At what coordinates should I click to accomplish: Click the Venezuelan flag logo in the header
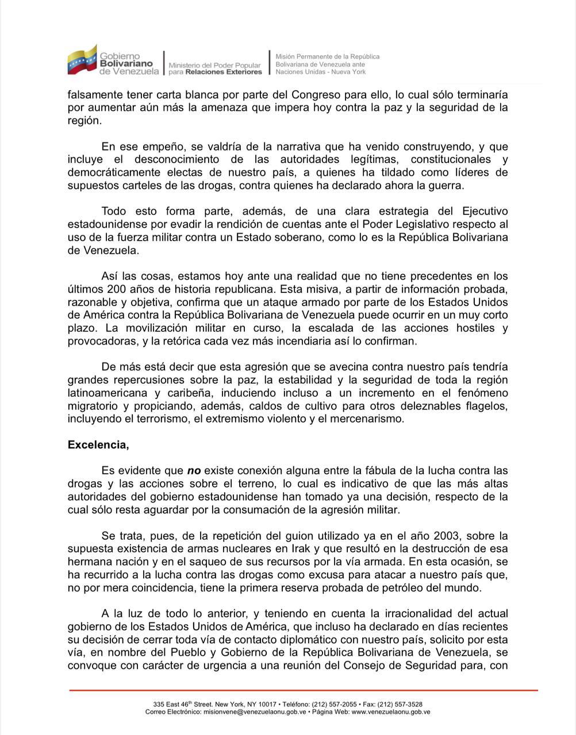click(82, 60)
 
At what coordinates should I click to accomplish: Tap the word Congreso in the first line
click(313, 94)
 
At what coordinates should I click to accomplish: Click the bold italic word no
click(194, 470)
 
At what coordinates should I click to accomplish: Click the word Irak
click(307, 549)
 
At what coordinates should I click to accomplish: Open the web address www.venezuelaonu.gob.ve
click(391, 711)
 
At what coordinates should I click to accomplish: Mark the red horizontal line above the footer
click(304, 690)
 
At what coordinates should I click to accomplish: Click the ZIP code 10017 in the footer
click(267, 704)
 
